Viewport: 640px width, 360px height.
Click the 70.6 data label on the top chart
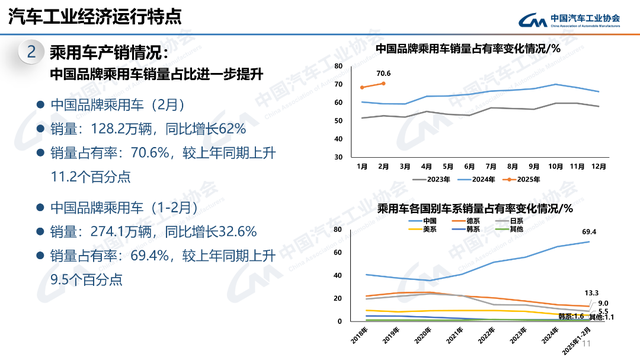pos(383,73)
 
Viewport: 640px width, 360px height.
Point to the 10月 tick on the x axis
pos(556,166)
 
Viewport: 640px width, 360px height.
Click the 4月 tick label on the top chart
pos(427,166)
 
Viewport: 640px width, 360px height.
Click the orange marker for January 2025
pos(362,88)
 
